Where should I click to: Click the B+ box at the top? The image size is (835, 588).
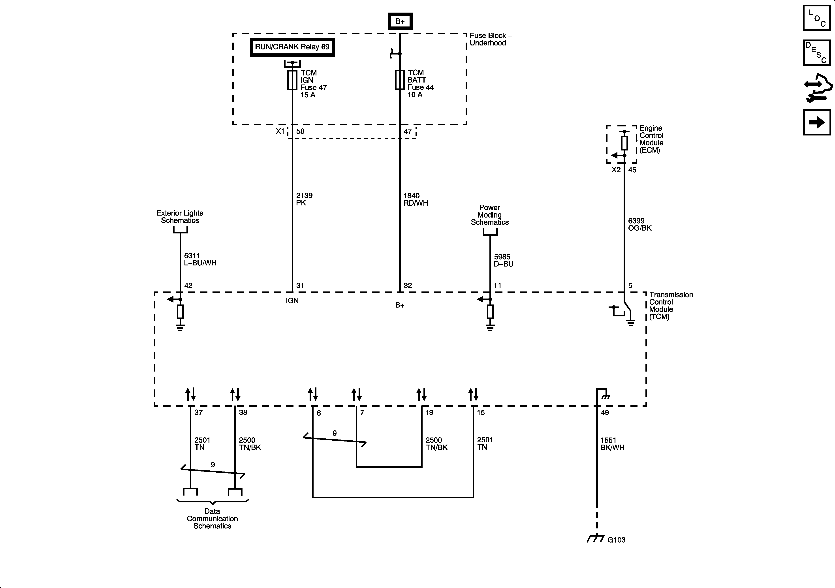point(400,21)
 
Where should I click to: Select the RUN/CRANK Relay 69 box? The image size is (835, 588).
point(292,47)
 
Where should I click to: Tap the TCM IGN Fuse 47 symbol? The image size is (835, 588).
point(292,80)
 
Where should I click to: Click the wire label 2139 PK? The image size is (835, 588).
point(304,199)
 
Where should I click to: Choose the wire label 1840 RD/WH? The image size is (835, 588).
point(415,199)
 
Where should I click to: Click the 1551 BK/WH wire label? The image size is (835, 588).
point(612,444)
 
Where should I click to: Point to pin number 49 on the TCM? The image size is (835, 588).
point(605,412)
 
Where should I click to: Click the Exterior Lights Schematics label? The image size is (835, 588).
point(180,217)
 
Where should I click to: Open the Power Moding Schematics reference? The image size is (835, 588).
point(489,215)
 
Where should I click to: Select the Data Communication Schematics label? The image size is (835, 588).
point(212,518)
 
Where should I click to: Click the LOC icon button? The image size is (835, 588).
point(817,18)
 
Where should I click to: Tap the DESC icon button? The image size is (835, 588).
point(817,53)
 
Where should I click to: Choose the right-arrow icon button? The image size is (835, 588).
point(817,122)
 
